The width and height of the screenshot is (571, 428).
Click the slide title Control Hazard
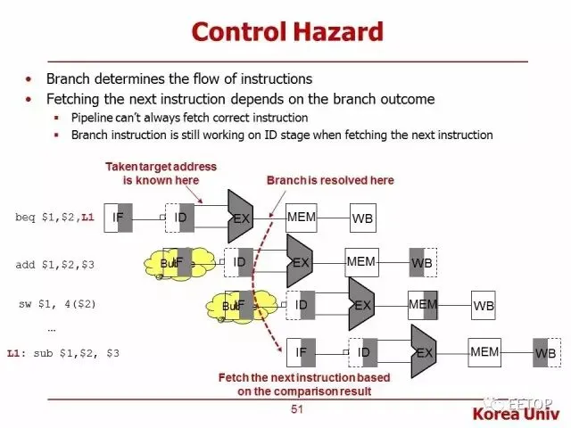click(x=287, y=32)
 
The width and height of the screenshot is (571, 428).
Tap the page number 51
click(x=298, y=409)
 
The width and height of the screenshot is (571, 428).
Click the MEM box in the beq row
click(x=302, y=218)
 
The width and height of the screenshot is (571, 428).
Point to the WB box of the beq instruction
click(x=362, y=218)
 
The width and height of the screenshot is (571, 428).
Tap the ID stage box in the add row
click(x=238, y=262)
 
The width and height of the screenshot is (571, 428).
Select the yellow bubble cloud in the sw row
click(x=237, y=306)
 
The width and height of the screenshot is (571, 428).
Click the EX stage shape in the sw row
click(x=361, y=305)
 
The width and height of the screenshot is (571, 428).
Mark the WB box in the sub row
click(x=545, y=353)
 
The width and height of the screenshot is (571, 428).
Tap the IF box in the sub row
click(x=301, y=353)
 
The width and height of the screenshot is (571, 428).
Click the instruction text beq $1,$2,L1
click(x=54, y=218)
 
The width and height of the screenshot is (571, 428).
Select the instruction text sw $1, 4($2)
click(x=57, y=304)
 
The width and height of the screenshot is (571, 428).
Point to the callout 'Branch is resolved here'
click(x=330, y=180)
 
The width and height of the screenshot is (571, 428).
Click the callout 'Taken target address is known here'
click(x=161, y=173)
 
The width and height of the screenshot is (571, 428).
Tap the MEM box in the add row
click(x=360, y=261)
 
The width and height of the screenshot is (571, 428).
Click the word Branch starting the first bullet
click(x=69, y=78)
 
